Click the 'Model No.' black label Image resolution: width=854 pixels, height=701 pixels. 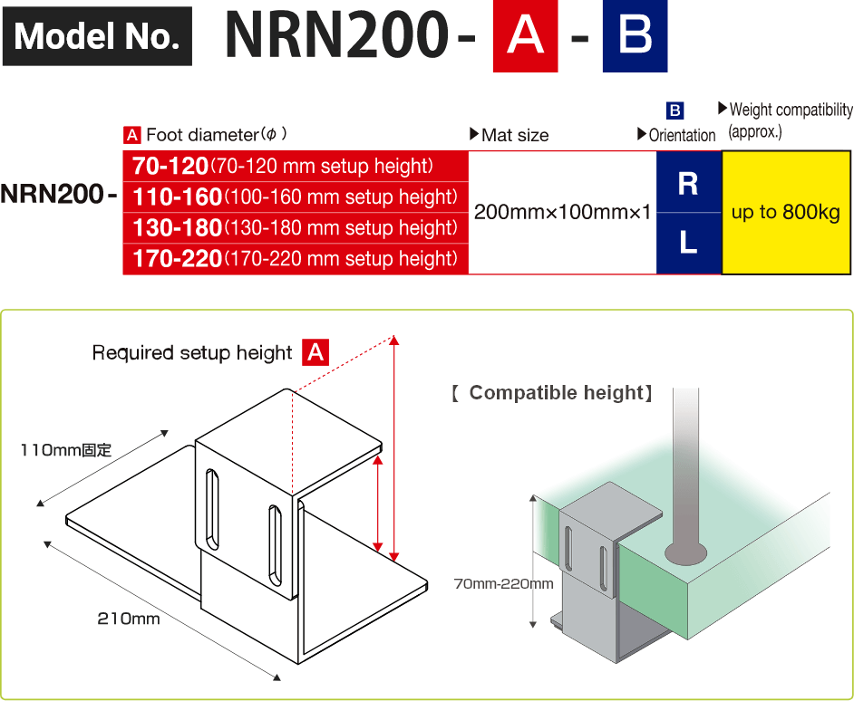click(x=97, y=36)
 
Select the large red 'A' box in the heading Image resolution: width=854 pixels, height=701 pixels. click(x=525, y=36)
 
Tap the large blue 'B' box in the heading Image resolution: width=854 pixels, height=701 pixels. click(x=635, y=36)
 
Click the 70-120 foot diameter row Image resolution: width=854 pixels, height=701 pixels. click(x=296, y=167)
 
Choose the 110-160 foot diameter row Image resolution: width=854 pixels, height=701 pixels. click(x=296, y=197)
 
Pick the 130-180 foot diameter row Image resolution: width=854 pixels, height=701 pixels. click(x=296, y=228)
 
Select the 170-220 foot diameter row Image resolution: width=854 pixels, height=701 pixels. click(x=296, y=259)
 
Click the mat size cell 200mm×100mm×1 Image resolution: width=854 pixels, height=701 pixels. click(x=562, y=213)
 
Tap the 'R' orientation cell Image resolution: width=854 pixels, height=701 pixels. click(x=688, y=183)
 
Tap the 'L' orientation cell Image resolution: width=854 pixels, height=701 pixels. click(x=688, y=243)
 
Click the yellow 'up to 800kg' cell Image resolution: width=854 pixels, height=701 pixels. click(x=785, y=213)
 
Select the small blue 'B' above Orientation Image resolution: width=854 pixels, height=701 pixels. click(x=674, y=110)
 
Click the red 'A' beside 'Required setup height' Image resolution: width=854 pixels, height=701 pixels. click(x=315, y=352)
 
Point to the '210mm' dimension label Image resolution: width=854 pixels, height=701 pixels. click(x=129, y=619)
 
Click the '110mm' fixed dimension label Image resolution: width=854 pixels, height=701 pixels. click(x=65, y=449)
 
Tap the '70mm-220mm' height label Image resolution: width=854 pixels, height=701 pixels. click(x=503, y=583)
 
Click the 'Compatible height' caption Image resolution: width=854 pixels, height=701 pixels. click(x=552, y=393)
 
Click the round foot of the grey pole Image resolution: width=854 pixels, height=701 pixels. click(x=685, y=550)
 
